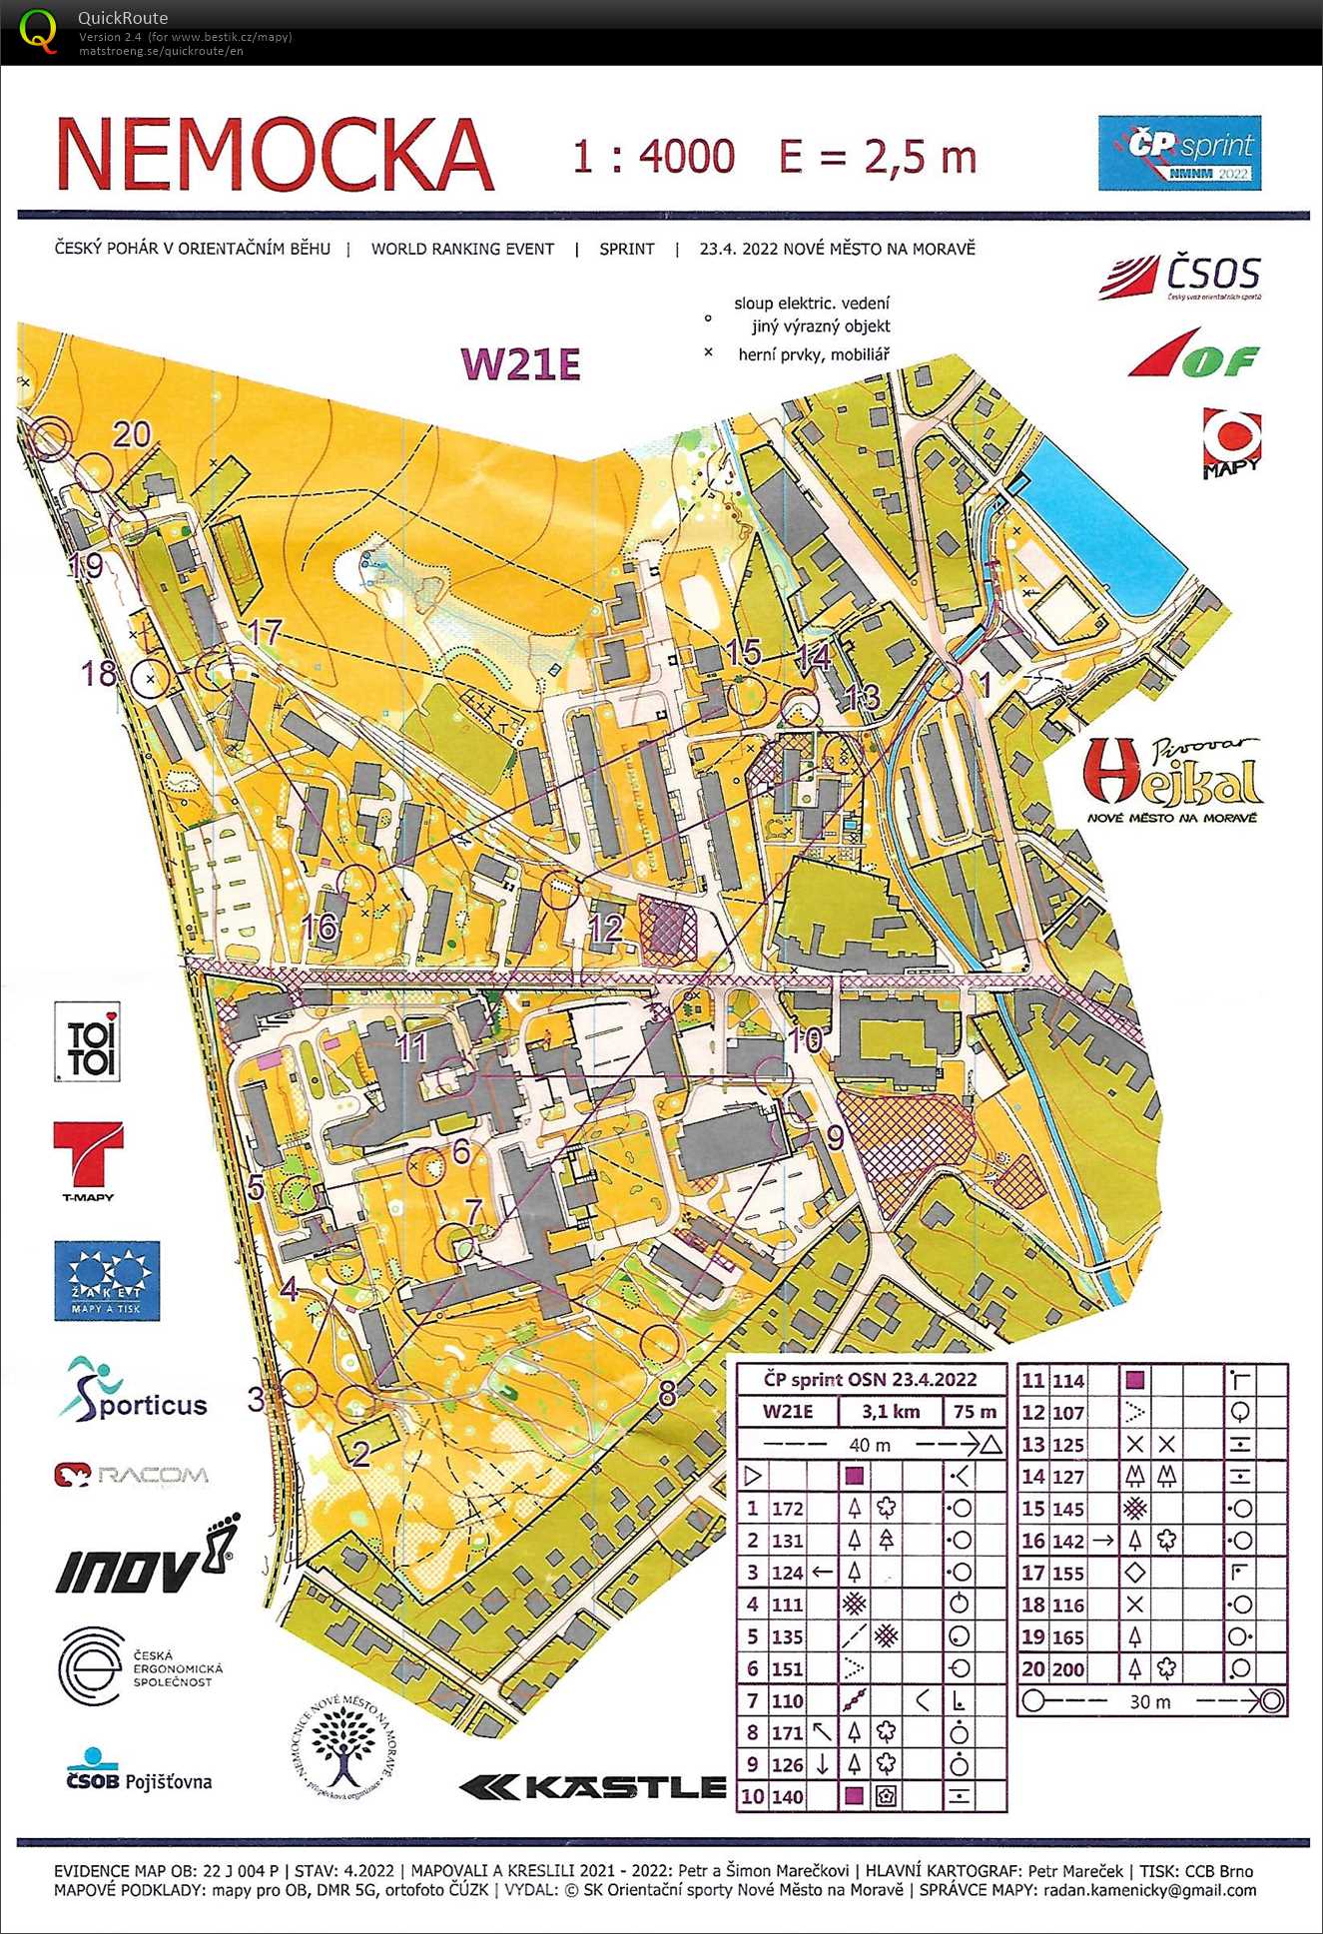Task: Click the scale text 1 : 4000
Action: pos(653,157)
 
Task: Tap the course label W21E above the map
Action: pos(520,364)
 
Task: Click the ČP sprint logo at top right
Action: pos(1179,153)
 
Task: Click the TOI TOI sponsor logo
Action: pos(88,1042)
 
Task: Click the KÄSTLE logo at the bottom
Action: pos(593,1786)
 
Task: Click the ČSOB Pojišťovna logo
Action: pos(139,1772)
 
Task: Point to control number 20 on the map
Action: pos(131,434)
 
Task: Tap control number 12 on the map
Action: pos(605,929)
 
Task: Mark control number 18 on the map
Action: pos(98,673)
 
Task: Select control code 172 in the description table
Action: pos(787,1509)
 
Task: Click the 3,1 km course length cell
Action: pos(891,1412)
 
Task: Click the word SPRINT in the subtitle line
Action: pos(626,249)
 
